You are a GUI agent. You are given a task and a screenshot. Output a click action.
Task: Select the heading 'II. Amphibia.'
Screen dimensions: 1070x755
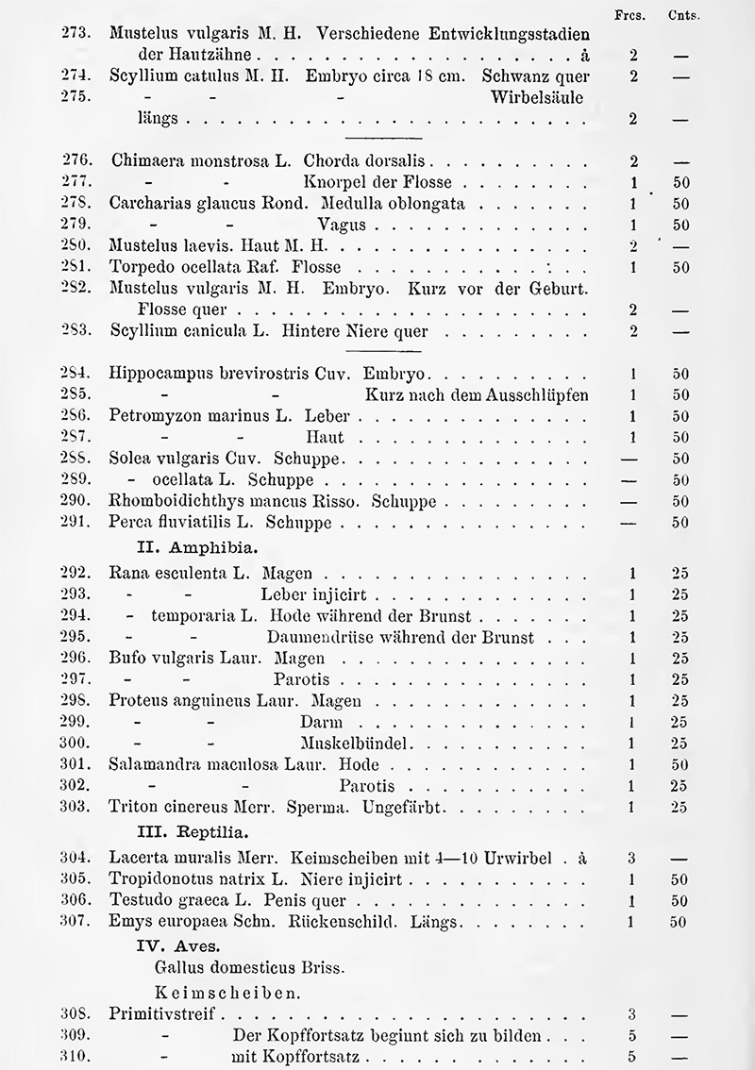point(193,546)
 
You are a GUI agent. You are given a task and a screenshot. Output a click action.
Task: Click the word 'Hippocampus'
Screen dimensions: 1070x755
point(157,373)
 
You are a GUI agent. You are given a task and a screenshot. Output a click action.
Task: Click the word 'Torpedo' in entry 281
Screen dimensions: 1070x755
point(140,267)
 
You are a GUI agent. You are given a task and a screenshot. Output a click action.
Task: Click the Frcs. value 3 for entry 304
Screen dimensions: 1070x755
point(631,859)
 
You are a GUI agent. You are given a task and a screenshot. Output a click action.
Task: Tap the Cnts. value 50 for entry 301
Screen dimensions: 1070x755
point(681,764)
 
